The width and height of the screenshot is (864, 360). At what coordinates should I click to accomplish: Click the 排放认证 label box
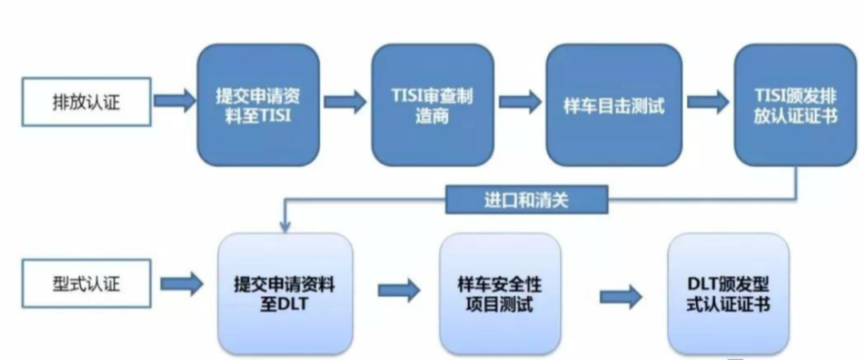pyautogui.click(x=86, y=102)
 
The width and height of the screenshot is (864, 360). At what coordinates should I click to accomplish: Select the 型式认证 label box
pyautogui.click(x=86, y=283)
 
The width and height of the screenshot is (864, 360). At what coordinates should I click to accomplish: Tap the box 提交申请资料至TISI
pyautogui.click(x=258, y=105)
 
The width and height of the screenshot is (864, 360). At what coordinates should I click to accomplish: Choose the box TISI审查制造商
pyautogui.click(x=432, y=105)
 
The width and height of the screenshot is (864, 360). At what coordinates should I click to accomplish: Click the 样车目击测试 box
pyautogui.click(x=614, y=105)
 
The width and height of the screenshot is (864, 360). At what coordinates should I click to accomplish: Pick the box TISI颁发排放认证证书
pyautogui.click(x=795, y=105)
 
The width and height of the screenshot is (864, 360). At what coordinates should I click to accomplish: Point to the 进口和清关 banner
pyautogui.click(x=526, y=200)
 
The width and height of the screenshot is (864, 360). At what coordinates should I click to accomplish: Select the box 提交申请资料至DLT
pyautogui.click(x=285, y=294)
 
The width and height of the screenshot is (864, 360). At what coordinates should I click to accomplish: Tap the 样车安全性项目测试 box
pyautogui.click(x=500, y=294)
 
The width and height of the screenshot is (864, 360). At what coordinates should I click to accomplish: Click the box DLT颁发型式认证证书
pyautogui.click(x=728, y=294)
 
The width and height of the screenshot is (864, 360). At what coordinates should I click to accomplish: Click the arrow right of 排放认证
pyautogui.click(x=174, y=101)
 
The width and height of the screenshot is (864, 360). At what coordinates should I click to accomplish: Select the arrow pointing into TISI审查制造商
pyautogui.click(x=345, y=102)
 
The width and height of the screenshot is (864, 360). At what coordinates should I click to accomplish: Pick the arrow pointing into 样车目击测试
pyautogui.click(x=520, y=102)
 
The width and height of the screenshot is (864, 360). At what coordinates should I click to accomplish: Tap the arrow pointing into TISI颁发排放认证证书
pyautogui.click(x=708, y=102)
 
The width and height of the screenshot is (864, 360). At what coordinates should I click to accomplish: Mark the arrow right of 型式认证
pyautogui.click(x=182, y=284)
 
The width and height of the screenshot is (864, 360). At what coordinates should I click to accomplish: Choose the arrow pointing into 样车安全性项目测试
pyautogui.click(x=399, y=290)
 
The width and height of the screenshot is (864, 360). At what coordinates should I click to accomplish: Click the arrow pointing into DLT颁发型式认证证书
pyautogui.click(x=621, y=297)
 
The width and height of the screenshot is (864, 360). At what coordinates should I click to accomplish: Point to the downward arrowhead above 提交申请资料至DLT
pyautogui.click(x=285, y=226)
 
